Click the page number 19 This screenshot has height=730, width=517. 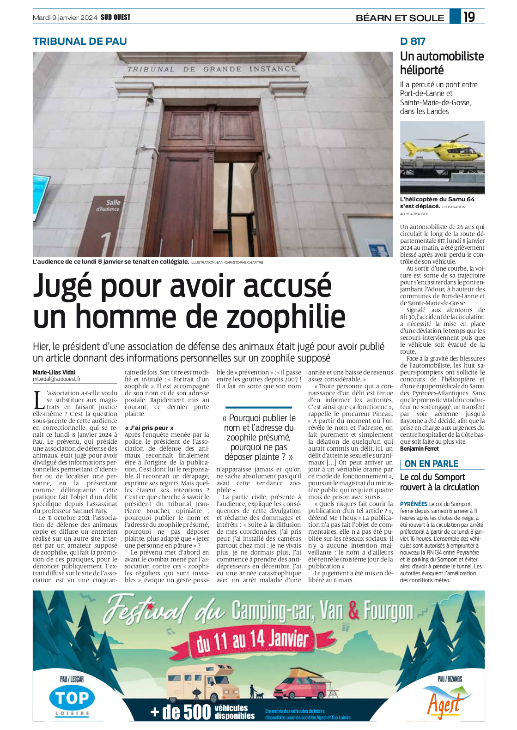469,17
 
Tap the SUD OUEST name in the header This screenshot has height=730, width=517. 116,18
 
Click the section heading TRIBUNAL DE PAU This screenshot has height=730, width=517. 79,41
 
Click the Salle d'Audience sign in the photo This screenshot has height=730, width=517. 107,205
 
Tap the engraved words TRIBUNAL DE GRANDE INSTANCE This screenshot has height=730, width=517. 212,69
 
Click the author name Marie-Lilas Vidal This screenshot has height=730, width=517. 54,372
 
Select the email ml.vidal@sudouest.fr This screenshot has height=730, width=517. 56,379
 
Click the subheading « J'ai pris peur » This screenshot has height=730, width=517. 149,428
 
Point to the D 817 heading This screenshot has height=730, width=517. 413,41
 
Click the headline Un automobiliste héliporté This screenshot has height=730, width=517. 442,63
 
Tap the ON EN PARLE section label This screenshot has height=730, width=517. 431,464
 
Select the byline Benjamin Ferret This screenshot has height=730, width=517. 420,448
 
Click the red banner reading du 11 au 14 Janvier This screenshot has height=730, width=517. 252,640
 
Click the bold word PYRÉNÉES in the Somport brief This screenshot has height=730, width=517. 414,504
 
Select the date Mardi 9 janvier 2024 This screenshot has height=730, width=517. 65,18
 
